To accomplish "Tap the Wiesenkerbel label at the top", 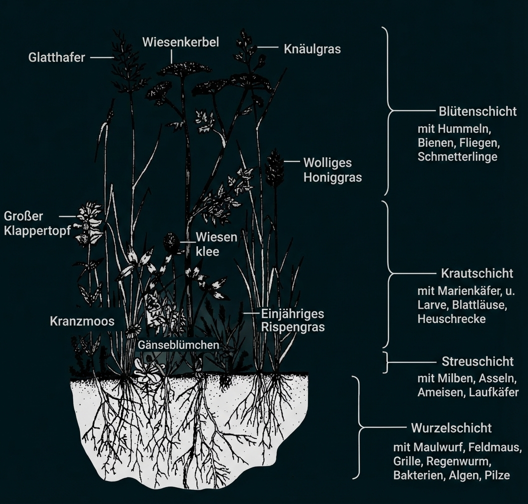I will [180, 42].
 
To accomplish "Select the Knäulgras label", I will [312, 48].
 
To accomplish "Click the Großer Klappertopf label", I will [37, 223].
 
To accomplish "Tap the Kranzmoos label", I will [82, 321].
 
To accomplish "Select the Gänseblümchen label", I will [178, 344].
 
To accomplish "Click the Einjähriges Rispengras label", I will [292, 320].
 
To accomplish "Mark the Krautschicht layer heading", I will [476, 273].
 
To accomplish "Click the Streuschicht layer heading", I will [477, 361].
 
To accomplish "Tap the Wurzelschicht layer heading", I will [451, 428].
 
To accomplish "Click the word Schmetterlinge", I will [457, 156].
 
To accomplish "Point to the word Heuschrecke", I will [451, 318].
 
